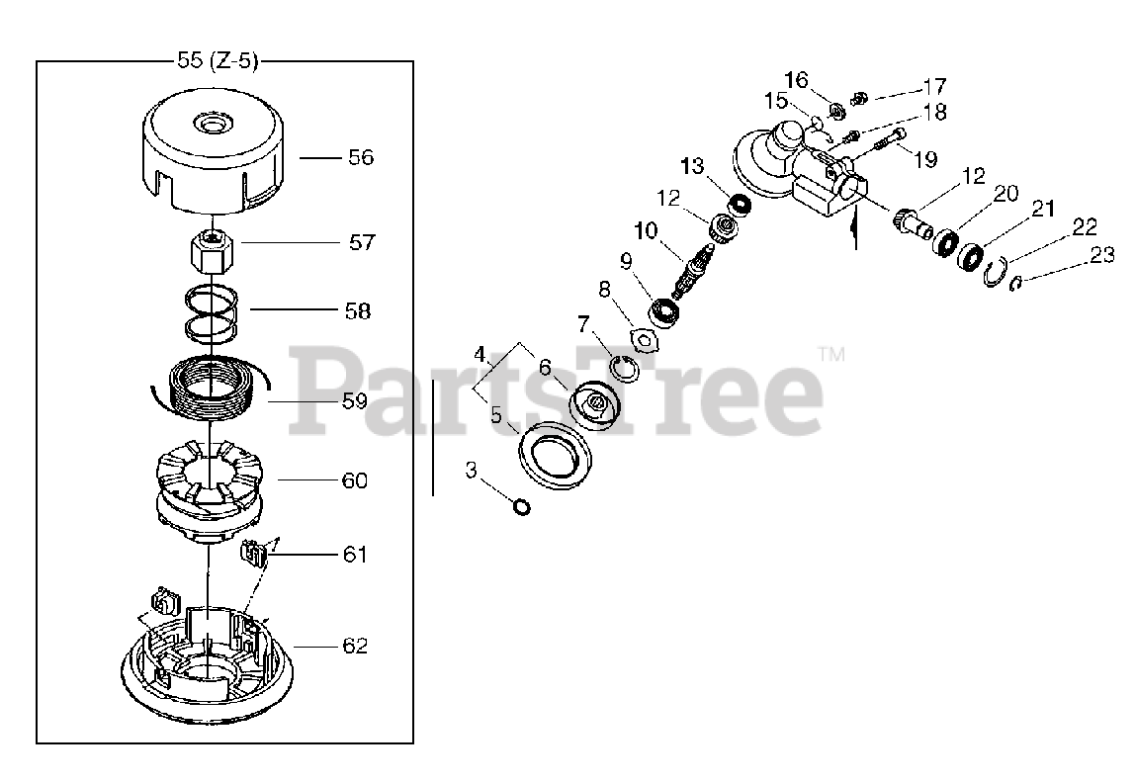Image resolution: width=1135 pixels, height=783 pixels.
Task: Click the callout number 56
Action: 361,157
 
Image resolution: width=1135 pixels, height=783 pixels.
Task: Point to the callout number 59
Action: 355,401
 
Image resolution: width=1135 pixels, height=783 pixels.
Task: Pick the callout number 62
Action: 355,646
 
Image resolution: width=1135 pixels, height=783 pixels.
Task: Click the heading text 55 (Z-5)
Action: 218,60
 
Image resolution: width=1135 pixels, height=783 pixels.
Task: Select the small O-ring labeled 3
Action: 521,506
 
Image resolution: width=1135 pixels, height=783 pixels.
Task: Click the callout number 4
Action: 480,355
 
